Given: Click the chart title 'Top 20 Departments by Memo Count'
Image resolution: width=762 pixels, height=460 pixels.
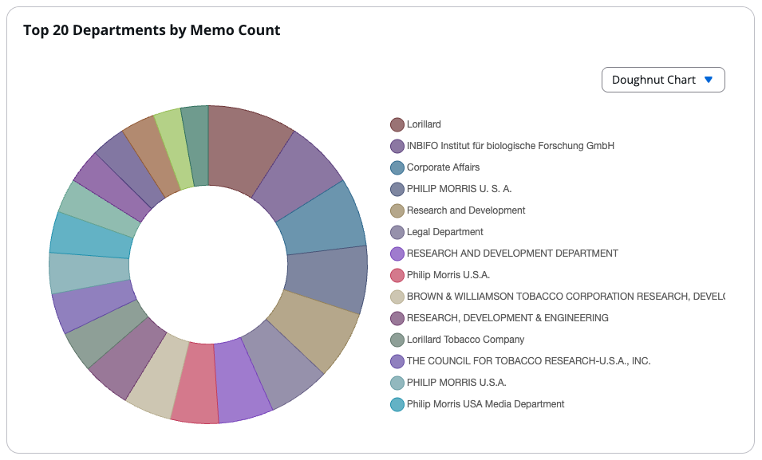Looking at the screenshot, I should click(x=152, y=30).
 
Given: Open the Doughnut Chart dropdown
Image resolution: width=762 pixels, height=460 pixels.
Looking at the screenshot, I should click(x=662, y=80).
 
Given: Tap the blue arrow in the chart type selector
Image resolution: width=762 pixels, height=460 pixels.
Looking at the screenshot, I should click(x=708, y=80).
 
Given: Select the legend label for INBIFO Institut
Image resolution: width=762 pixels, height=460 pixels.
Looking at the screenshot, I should click(x=510, y=146).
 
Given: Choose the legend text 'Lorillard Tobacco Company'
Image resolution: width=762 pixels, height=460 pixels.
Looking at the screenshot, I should click(x=465, y=340).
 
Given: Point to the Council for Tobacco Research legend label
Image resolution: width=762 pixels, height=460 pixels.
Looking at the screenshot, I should click(x=528, y=361).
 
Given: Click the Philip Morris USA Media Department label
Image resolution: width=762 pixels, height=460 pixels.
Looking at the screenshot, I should click(x=485, y=404).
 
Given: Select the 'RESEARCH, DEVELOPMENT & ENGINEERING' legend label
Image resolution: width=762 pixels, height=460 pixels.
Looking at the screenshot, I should click(x=507, y=318).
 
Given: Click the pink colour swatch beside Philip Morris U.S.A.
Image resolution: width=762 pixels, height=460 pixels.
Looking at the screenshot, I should click(x=397, y=275).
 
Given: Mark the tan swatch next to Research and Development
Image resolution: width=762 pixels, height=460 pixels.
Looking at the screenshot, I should click(x=397, y=210).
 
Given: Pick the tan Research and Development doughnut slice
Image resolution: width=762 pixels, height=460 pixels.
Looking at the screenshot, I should click(x=314, y=328).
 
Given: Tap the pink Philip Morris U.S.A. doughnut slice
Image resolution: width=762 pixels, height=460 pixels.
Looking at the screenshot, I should click(x=195, y=383).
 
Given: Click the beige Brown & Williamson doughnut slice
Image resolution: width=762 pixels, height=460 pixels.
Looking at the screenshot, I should click(x=155, y=374).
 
